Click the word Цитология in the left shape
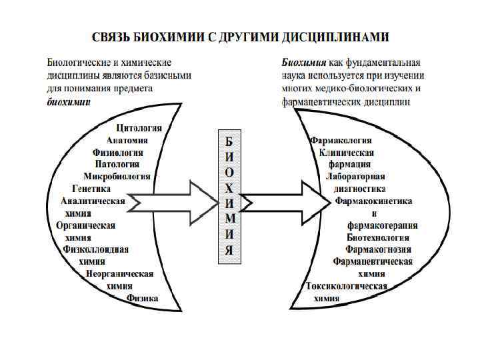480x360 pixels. click(x=143, y=128)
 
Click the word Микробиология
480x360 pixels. click(x=117, y=176)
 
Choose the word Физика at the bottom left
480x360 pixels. click(x=143, y=298)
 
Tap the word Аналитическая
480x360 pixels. click(x=93, y=201)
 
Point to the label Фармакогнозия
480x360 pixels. click(x=378, y=249)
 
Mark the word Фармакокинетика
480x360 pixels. click(x=373, y=201)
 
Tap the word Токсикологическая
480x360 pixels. click(x=347, y=286)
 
